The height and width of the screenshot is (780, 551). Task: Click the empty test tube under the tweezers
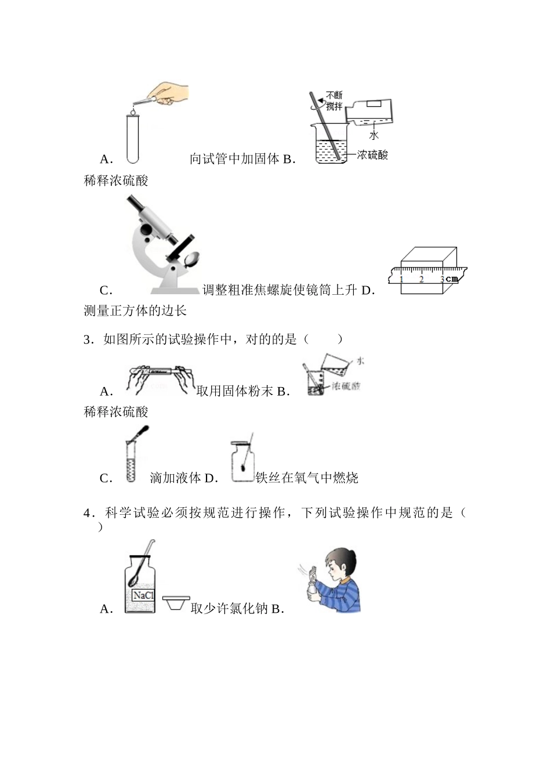point(133,138)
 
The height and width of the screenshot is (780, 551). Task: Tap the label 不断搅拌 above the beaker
point(334,100)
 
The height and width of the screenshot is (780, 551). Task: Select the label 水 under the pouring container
point(374,135)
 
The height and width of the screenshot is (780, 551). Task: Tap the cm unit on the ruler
point(452,279)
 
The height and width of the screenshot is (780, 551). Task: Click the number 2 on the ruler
point(422,279)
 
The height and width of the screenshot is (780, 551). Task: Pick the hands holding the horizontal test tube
point(158,377)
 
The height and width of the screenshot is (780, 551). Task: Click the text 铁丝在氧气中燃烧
point(307,478)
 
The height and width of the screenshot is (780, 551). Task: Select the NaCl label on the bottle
point(143,595)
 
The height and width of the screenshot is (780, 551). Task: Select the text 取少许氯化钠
point(229,608)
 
